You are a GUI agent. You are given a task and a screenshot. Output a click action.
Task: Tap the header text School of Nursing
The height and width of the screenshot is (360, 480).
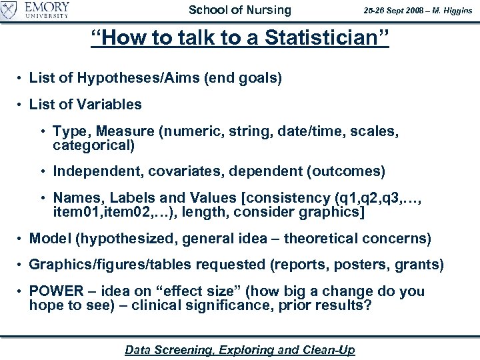point(240,10)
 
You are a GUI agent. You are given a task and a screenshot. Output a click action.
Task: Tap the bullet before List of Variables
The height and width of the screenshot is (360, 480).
point(22,105)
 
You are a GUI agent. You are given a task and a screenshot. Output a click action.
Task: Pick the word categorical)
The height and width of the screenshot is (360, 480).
point(94,144)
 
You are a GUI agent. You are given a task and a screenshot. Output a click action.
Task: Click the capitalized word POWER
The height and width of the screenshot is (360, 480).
point(54,292)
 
